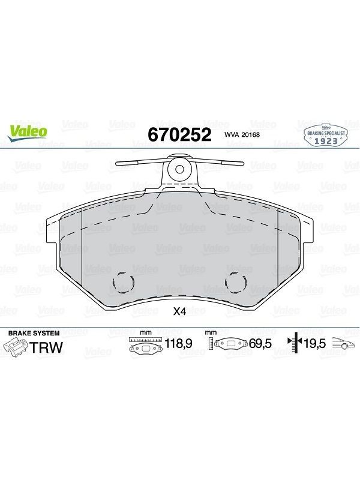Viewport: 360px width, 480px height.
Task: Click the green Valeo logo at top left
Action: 27,133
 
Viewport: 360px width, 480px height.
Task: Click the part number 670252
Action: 179,134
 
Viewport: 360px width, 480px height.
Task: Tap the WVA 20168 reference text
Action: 242,134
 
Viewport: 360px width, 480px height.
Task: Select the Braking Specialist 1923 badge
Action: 326,136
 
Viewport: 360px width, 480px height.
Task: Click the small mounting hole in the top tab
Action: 179,169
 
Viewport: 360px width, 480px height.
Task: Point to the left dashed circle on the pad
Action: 124,282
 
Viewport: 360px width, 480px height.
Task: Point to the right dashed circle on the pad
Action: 236,282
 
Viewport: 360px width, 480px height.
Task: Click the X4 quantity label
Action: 179,311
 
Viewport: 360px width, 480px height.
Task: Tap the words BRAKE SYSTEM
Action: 34,333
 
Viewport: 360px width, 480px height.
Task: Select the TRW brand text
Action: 46,347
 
